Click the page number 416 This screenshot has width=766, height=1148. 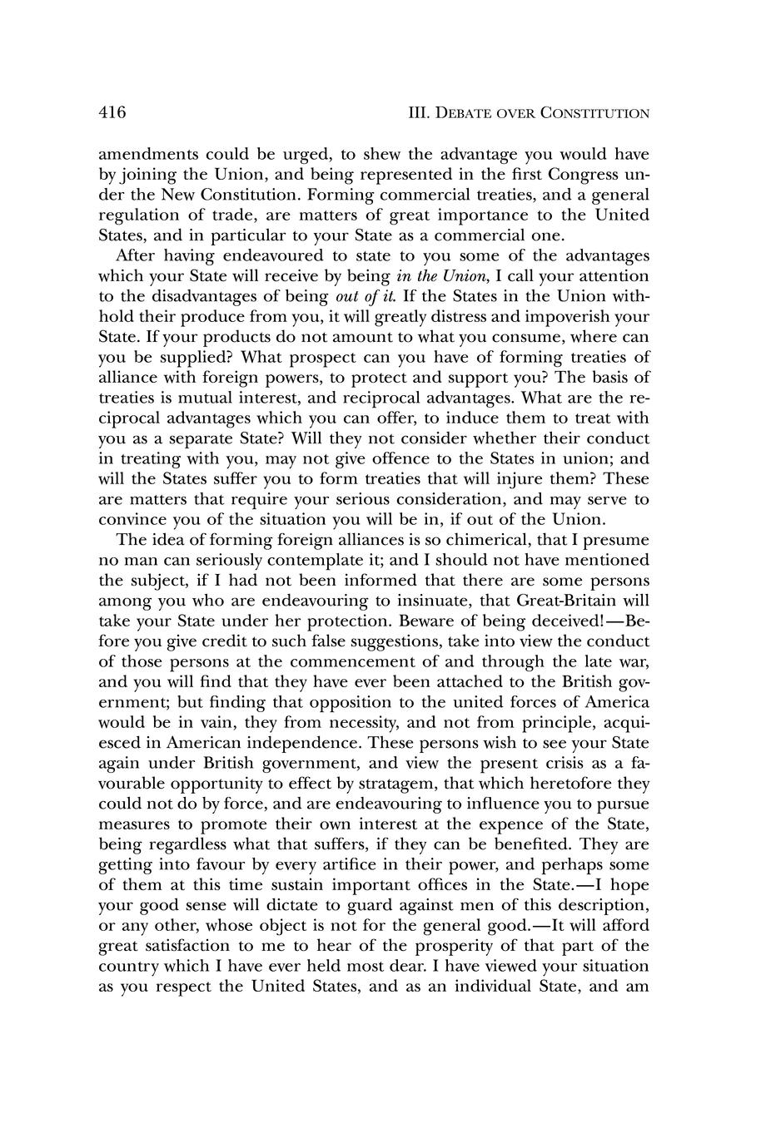click(x=112, y=112)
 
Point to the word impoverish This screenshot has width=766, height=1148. click(x=569, y=316)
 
